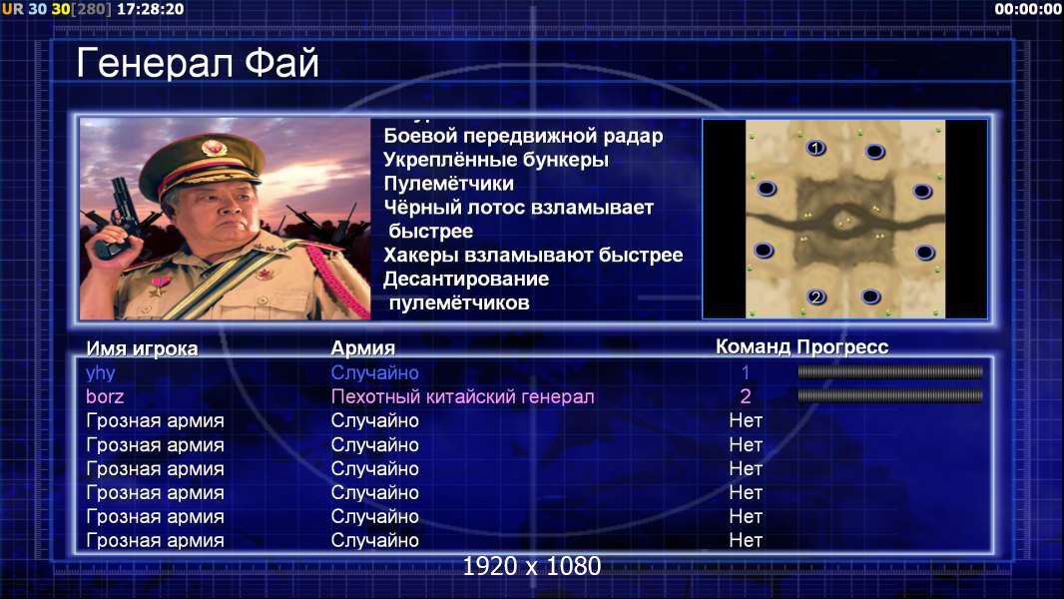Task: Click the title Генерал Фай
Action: [198, 63]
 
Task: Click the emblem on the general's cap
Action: [213, 147]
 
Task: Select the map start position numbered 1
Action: [815, 147]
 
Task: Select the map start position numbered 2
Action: [816, 297]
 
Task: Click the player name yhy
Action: [101, 373]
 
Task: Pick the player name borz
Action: [105, 396]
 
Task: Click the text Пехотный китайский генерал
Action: [463, 396]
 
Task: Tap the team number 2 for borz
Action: [745, 396]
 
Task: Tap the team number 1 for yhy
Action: [745, 372]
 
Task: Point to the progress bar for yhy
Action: [890, 371]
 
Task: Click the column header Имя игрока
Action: [142, 348]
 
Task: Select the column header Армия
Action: [363, 348]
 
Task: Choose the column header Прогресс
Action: [842, 347]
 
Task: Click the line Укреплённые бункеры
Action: [496, 160]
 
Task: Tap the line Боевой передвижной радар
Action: [523, 137]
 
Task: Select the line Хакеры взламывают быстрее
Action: [533, 255]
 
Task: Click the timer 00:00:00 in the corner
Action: [1028, 9]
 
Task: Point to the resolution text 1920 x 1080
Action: [532, 566]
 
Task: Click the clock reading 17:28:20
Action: [150, 10]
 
